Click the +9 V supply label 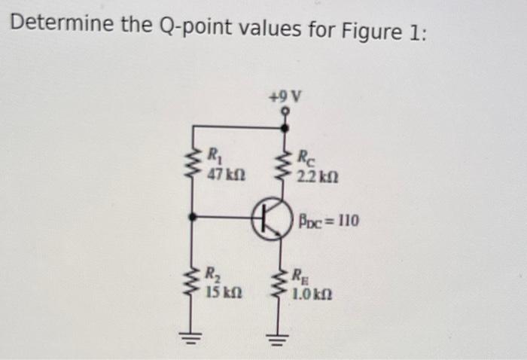[x=285, y=96]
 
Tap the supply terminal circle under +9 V [x=285, y=111]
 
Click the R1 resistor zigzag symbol [x=193, y=164]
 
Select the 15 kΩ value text [x=223, y=291]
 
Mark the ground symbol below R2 [x=193, y=334]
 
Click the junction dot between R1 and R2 [x=193, y=217]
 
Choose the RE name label [x=300, y=275]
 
